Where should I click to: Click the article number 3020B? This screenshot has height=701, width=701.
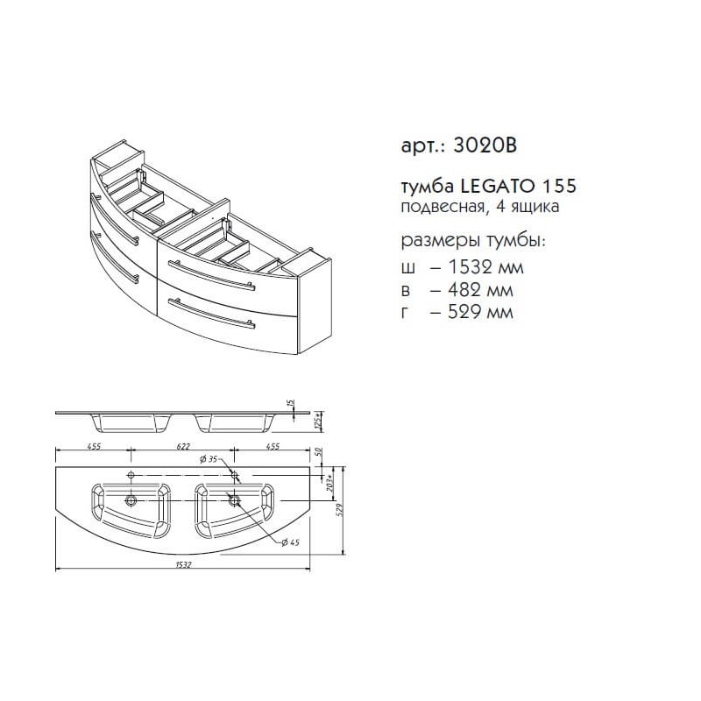485,145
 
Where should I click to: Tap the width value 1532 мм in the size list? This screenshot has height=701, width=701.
485,267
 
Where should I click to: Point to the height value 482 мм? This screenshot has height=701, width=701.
480,290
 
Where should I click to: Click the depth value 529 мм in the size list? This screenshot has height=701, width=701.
480,312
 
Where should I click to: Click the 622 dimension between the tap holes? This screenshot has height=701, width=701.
183,446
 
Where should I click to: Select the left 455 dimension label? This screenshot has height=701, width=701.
95,446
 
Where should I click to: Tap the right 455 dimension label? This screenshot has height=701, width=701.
273,446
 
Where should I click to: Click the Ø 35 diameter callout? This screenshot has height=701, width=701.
208,459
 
